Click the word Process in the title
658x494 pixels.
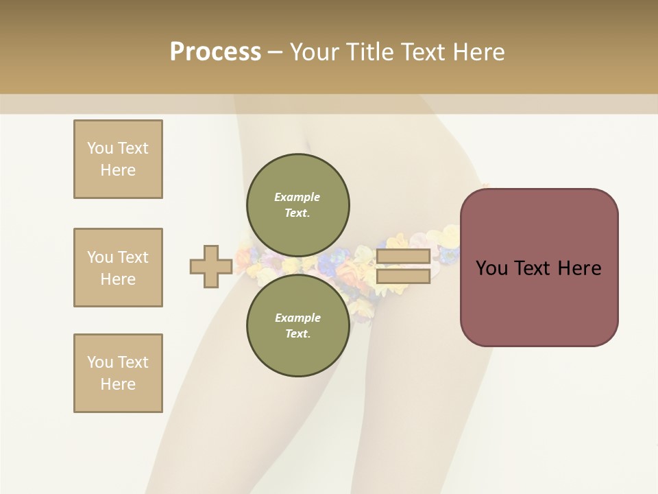215,51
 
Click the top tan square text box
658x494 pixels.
118,159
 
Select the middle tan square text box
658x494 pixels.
118,268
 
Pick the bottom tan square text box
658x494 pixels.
118,373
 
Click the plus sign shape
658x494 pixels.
211,267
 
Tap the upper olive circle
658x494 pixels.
297,204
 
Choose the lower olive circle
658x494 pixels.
297,325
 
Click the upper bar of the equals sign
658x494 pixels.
404,257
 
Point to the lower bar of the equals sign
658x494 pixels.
404,276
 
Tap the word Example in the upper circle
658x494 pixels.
297,197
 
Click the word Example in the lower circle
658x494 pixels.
297,318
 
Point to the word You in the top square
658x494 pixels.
100,148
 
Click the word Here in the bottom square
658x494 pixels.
118,384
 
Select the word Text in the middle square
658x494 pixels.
133,257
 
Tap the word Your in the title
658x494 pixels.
316,51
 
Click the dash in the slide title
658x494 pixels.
275,52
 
